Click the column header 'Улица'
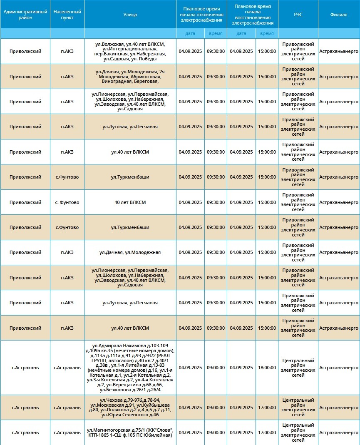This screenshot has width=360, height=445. [x=130, y=15]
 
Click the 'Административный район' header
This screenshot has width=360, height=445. [x=25, y=15]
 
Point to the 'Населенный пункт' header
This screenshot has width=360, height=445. [x=67, y=15]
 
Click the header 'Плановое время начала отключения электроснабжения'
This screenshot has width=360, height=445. [x=201, y=15]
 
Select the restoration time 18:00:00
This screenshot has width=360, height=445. [x=267, y=368]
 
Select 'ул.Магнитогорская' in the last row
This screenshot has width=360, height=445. [x=106, y=430]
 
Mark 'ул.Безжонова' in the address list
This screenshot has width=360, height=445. [x=113, y=390]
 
